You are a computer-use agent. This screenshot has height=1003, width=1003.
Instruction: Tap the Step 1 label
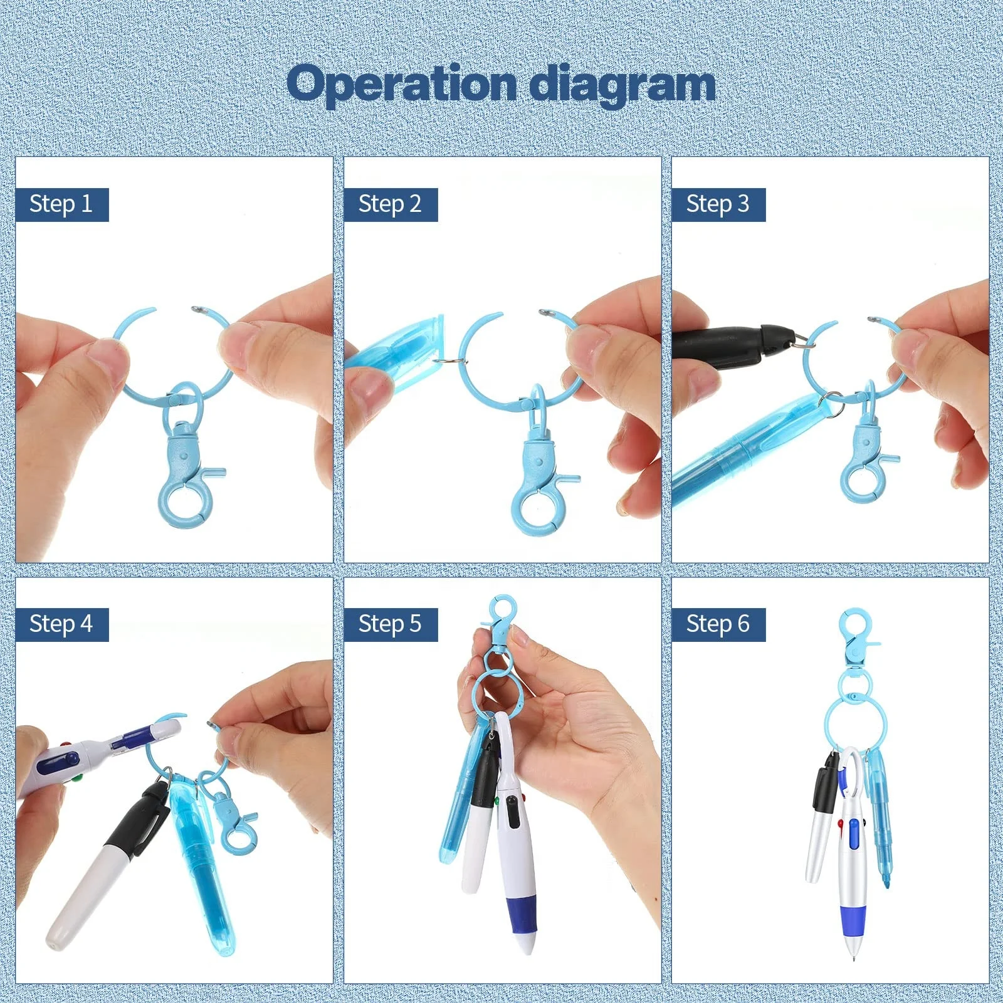(61, 204)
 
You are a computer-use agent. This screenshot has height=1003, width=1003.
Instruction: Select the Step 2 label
(390, 204)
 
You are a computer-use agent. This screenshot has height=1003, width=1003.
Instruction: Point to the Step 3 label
(718, 204)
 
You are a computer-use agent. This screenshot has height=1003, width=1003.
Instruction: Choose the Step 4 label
(61, 624)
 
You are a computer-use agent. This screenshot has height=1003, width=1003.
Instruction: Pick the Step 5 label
(390, 624)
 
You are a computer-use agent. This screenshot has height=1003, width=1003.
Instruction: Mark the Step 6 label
(718, 624)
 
